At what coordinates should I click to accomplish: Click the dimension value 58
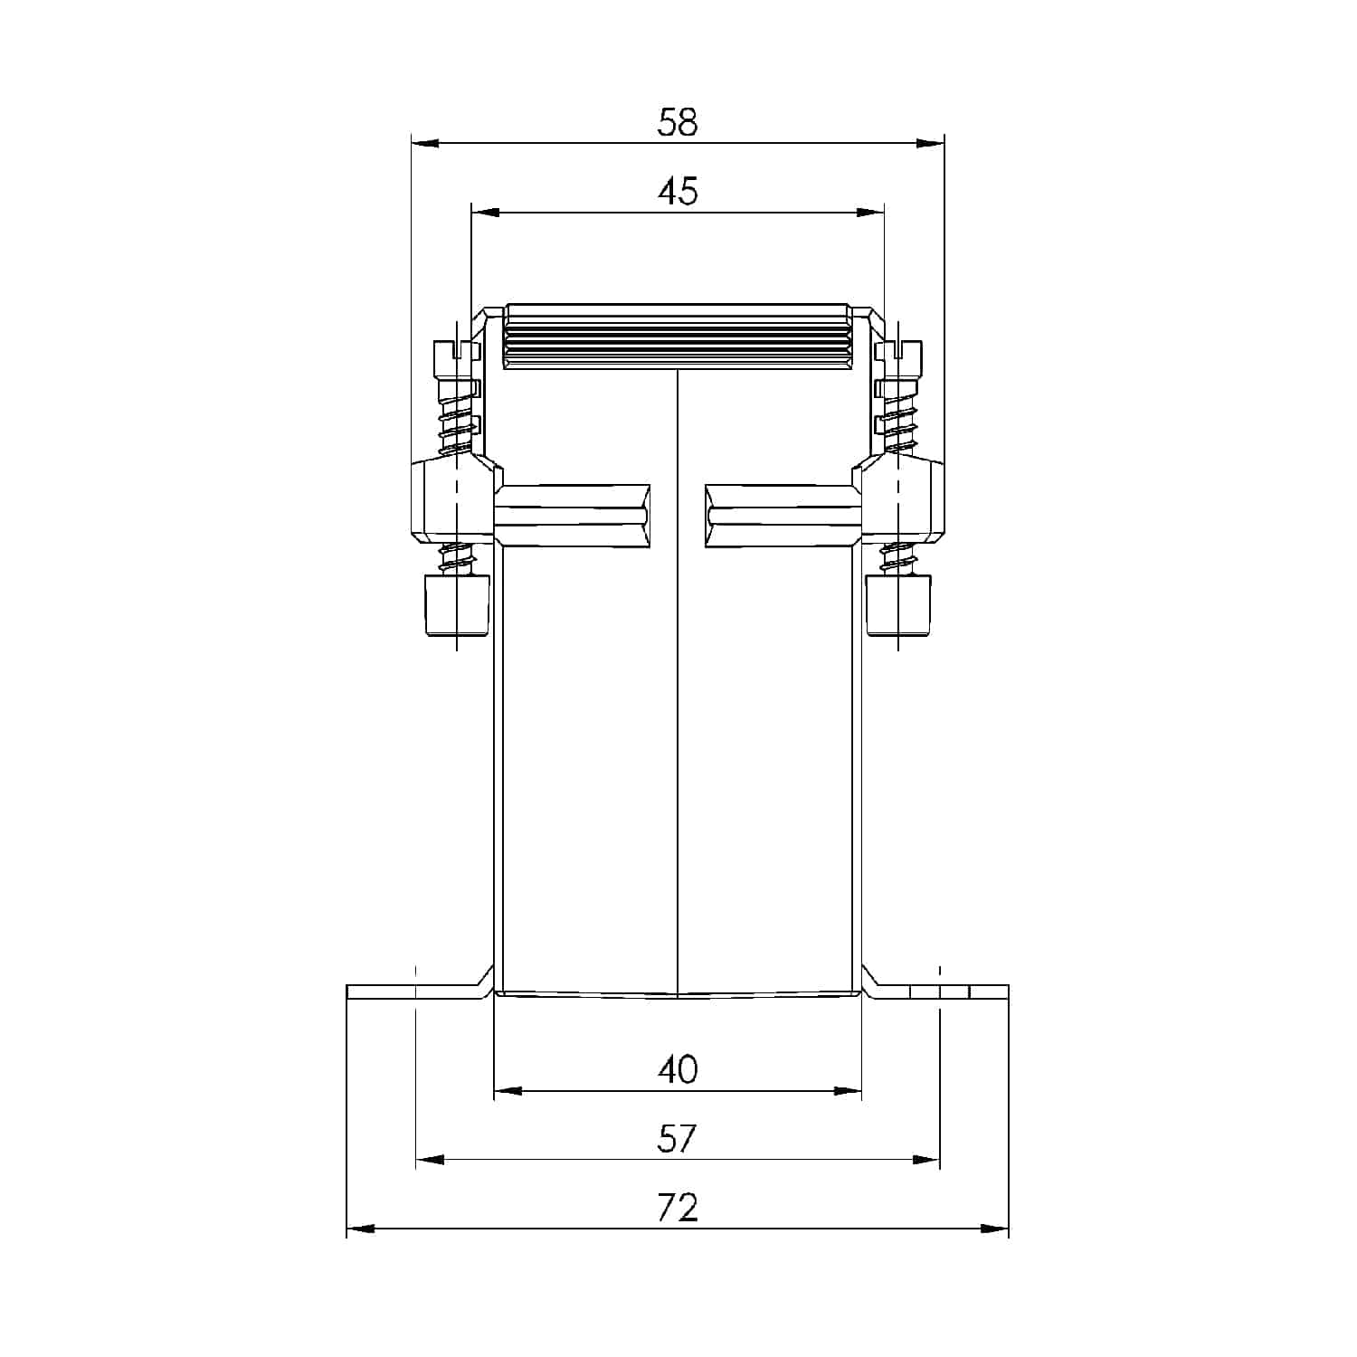tap(678, 123)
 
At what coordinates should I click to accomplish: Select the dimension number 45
tap(678, 192)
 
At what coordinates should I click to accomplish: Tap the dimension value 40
tap(678, 1069)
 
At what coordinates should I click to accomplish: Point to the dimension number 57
tap(678, 1138)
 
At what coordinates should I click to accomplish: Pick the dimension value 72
tap(678, 1208)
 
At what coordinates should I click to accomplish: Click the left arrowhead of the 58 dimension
tap(425, 143)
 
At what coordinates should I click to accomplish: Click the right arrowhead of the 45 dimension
tap(870, 213)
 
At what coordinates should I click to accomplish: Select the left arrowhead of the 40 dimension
tap(508, 1091)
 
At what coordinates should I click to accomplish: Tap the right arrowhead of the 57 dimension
tap(926, 1160)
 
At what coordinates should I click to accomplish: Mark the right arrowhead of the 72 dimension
tap(995, 1229)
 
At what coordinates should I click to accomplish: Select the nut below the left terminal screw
tap(458, 605)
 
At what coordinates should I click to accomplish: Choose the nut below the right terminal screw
tap(897, 605)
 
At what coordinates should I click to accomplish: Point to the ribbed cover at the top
tap(678, 336)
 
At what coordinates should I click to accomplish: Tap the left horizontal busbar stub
tap(573, 516)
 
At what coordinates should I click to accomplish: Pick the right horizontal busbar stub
tap(783, 516)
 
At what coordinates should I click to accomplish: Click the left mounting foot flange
tap(412, 992)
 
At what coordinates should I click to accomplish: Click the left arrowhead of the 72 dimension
tap(360, 1229)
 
